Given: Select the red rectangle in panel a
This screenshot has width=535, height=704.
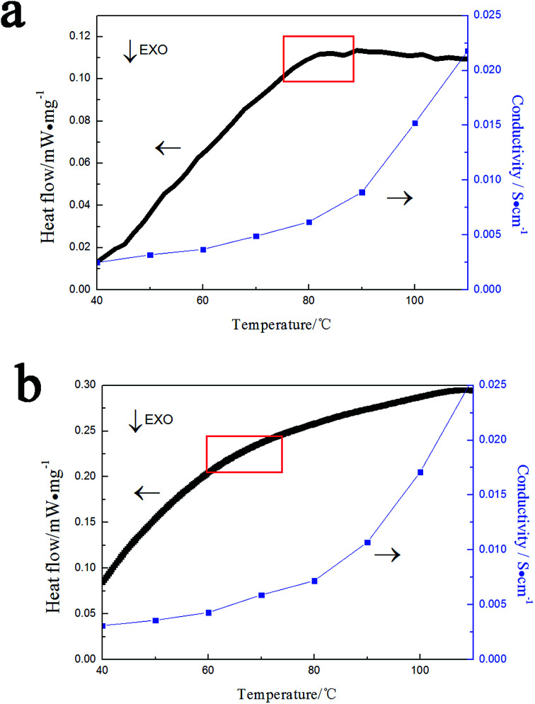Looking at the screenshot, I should [318, 58].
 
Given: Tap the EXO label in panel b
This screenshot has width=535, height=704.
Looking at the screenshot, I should [159, 419].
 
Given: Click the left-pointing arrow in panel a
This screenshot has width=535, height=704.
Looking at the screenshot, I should [168, 148].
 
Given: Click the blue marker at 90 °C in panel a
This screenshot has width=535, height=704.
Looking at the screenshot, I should [362, 193].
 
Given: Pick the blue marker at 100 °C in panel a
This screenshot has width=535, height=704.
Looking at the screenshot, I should [415, 123].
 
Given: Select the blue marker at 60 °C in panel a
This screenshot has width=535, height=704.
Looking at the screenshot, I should [203, 249].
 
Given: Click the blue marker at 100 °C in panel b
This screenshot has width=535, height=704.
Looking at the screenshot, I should [420, 472].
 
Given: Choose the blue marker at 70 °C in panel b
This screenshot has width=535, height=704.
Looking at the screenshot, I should [261, 595].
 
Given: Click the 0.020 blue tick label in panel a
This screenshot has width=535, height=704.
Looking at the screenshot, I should [488, 69].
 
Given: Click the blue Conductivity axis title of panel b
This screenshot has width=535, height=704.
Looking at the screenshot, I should [522, 530].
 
